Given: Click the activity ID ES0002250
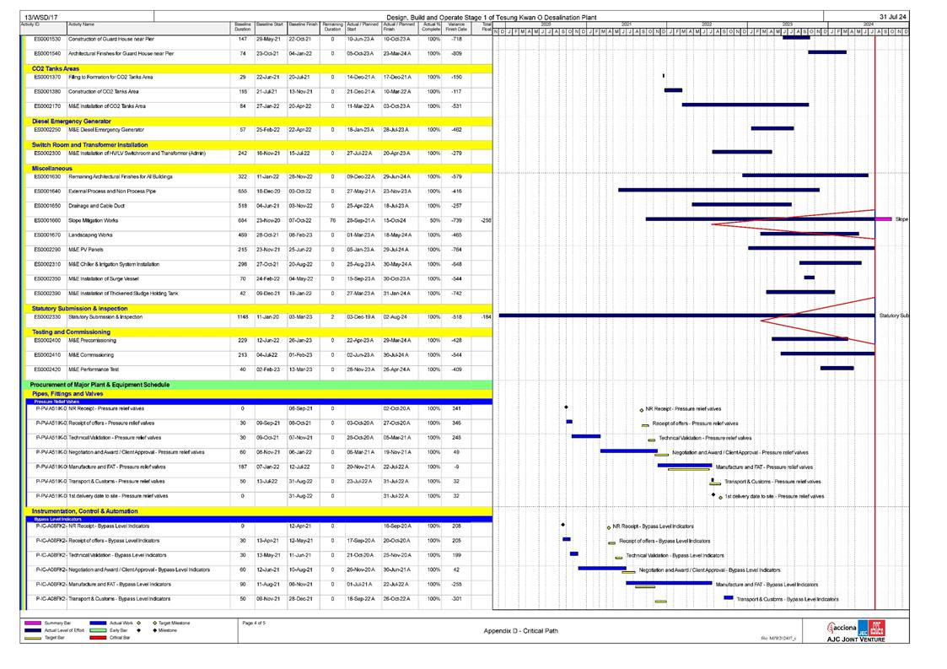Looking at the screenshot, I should click(47, 130).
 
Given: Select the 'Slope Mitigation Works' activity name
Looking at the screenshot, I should click(93, 219).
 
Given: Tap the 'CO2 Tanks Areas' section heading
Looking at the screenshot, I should click(56, 68).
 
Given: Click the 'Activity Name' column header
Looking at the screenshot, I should click(81, 25).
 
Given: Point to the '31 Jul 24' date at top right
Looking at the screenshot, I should click(892, 17).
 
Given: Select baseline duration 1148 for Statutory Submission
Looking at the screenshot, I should click(242, 317).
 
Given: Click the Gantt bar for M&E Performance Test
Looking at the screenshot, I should click(837, 368).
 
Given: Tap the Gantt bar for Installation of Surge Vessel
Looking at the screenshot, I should click(809, 278).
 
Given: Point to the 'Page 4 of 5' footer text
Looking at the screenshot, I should click(254, 623).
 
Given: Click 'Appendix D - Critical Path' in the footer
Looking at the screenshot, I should click(519, 630).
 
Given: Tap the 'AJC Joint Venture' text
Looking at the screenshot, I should click(855, 639).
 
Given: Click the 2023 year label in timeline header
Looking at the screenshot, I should click(786, 24).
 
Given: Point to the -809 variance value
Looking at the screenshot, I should click(457, 53).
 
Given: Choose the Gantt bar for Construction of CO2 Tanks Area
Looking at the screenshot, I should click(673, 90).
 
